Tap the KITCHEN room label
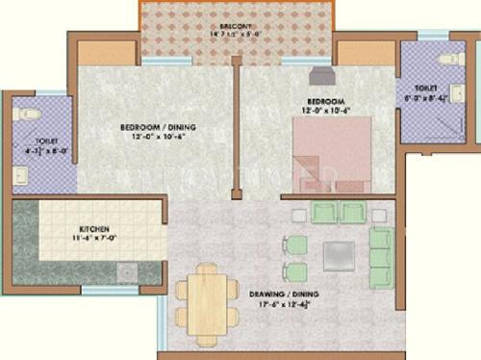point(94,230)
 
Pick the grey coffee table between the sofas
point(338,254)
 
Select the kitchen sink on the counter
point(127,273)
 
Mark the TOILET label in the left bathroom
point(23,140)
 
